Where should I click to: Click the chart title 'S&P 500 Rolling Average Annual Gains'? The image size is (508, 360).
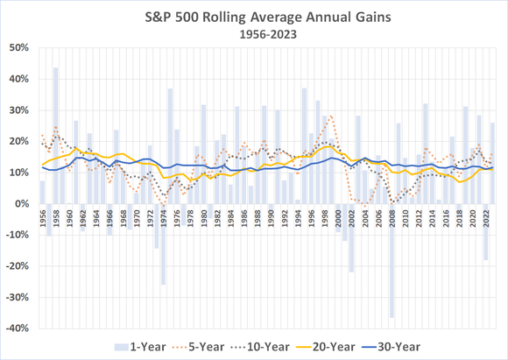click(253, 16)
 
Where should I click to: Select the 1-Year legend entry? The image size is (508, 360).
click(139, 346)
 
